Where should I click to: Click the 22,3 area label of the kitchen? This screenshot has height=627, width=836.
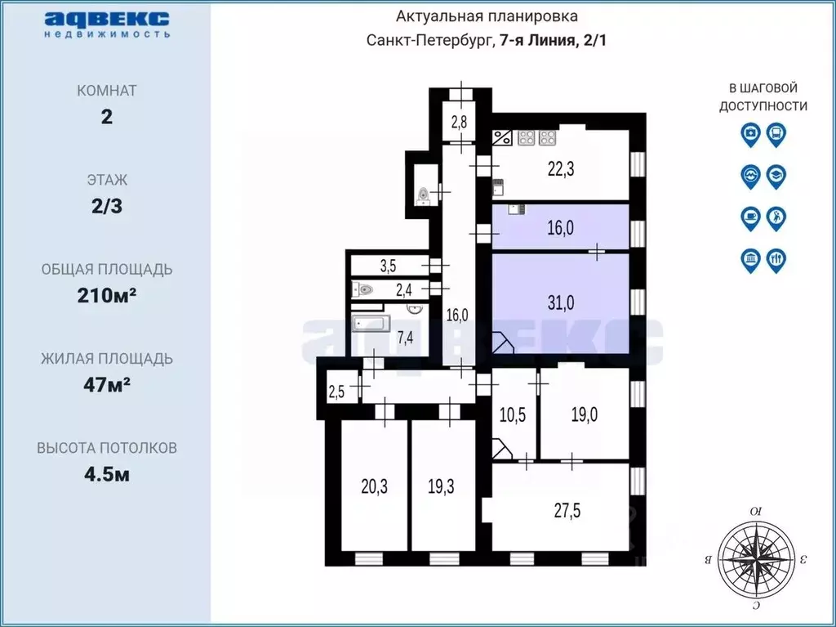coord(561,169)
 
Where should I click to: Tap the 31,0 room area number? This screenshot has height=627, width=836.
coord(561,302)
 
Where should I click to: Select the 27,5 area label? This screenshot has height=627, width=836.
coord(567,511)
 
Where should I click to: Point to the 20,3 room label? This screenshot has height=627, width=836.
coord(374,486)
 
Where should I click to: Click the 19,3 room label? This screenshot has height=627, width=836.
coord(441,486)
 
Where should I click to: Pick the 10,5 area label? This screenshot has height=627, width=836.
coord(513,414)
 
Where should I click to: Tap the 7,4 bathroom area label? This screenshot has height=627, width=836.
coord(405,338)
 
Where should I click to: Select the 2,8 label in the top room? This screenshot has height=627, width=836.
coord(459,122)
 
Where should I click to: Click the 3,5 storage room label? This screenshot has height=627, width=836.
coord(388,266)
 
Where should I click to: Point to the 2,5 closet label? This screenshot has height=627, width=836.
coord(336,392)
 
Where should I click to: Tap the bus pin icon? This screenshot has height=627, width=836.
coord(776,135)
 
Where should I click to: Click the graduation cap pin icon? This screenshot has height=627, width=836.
coord(776,177)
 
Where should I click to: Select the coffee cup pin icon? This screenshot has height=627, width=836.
coord(751,219)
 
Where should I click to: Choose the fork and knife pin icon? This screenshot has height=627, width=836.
coord(776,261)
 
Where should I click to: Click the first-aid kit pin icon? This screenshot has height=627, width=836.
coord(751,135)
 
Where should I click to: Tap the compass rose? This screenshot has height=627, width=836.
coord(756,559)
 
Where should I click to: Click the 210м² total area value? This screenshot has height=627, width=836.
coord(107,295)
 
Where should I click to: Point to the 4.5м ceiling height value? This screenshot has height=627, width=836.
coord(107,473)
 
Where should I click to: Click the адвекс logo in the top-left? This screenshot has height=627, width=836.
coord(107,23)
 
